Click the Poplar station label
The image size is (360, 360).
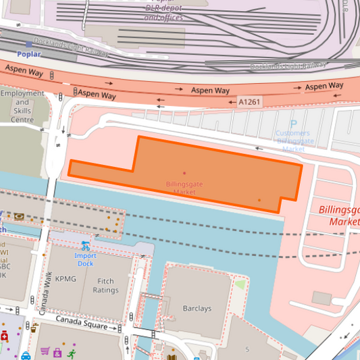pos(29,54)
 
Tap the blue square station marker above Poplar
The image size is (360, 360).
pos(29,45)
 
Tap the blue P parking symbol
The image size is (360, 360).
pos(293,124)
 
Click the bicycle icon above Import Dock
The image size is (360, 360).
pos(85,246)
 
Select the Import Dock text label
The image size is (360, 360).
pos(85,259)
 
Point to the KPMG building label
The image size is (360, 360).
pos(66,278)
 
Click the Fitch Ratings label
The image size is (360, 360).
pos(106,286)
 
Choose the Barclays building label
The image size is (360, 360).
pos(197,309)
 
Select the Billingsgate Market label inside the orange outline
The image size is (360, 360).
pos(184,188)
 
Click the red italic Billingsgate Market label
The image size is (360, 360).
pos(339,215)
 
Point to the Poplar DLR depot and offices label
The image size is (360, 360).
pos(163,12)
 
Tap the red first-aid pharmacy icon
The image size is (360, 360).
pos(5,336)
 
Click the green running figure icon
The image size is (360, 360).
pos(71,352)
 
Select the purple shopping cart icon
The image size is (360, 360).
pos(45,351)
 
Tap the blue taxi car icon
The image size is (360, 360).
pos(26,355)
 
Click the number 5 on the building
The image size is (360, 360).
pos(247,349)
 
